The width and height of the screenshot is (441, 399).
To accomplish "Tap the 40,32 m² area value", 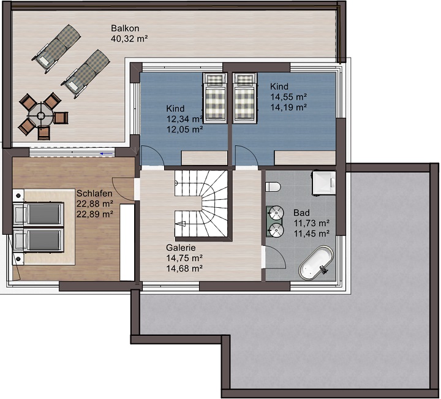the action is click(129, 39).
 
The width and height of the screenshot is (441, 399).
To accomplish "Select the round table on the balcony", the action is click(41, 115).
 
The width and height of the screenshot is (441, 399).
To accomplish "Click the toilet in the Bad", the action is click(273, 187).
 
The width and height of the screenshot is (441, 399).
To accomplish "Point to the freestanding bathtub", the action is click(316, 263).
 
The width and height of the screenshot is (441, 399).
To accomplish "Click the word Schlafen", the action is click(94, 194).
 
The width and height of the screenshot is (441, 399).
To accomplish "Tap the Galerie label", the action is click(181, 248).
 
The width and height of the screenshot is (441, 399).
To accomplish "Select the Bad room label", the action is click(301, 213).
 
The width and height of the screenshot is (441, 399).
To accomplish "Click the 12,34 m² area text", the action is click(184, 119).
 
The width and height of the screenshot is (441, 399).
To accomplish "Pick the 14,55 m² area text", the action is click(288, 97).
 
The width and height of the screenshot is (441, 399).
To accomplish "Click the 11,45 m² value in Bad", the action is click(312, 234).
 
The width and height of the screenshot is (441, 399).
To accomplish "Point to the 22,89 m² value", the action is click(95, 214).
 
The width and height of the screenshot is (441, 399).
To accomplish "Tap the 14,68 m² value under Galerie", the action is click(184, 268).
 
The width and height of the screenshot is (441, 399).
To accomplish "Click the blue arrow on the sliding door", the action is click(108, 154).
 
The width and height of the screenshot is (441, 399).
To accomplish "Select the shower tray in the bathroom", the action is click(324, 182).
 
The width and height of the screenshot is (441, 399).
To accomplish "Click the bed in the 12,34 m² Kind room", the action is click(215, 98).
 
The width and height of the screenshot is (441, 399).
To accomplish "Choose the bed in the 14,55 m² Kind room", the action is click(244, 98).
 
